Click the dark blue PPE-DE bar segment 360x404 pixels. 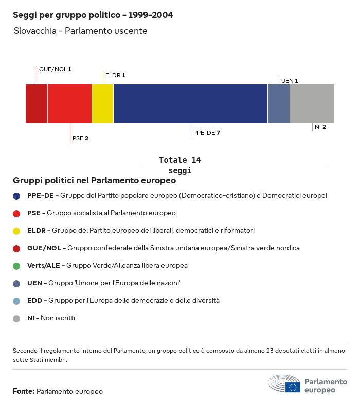point(190,104)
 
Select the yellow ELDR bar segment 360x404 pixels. point(102,104)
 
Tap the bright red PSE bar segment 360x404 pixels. point(69,104)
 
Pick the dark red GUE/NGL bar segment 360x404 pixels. point(37,104)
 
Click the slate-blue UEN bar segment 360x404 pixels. point(279,104)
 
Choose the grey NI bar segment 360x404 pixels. point(312,104)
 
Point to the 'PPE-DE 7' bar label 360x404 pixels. point(207,133)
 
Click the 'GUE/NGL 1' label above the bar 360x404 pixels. point(55,69)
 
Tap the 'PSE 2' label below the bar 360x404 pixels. point(80,138)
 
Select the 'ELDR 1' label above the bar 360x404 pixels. point(115,75)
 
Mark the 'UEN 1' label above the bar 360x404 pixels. point(290,81)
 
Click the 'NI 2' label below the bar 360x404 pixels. point(320,127)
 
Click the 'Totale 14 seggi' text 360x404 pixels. point(180,165)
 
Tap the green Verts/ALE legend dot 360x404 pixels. point(16,266)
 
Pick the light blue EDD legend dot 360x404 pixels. point(16,301)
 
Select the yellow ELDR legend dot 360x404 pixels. point(16,231)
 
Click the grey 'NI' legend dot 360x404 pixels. point(16,318)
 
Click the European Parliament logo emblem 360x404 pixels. point(284,384)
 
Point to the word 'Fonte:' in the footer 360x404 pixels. point(24,392)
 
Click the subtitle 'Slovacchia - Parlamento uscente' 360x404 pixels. point(81,31)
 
